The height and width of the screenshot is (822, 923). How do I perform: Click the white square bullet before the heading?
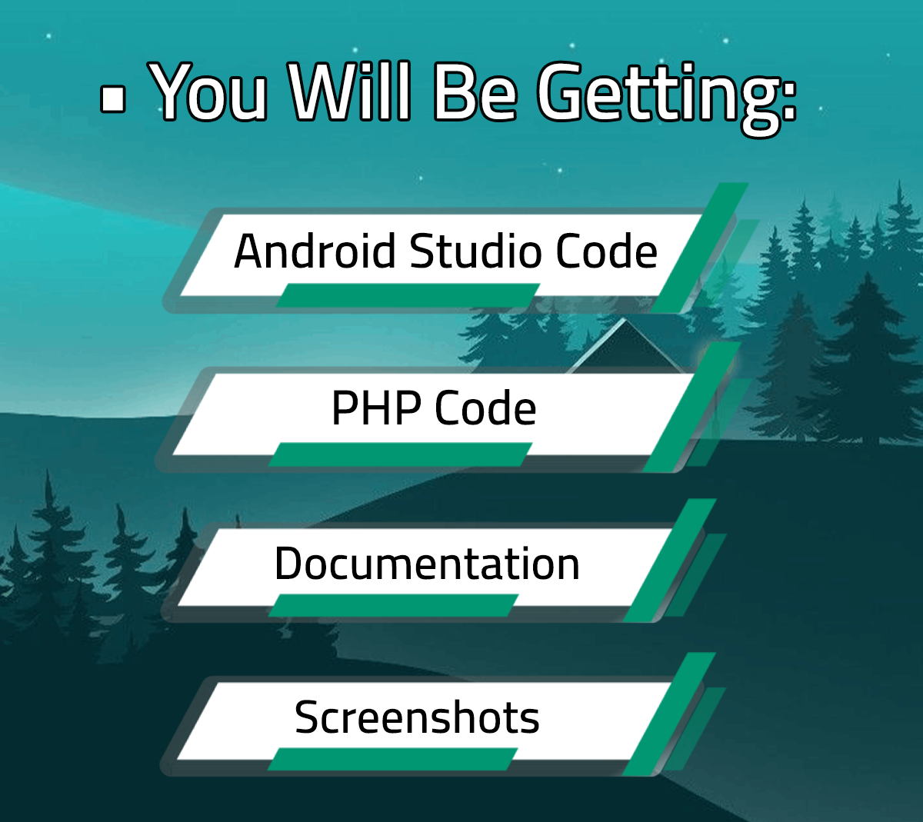tap(112, 98)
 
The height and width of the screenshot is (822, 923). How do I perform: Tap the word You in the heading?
tap(207, 92)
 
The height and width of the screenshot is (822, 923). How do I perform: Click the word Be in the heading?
tap(475, 92)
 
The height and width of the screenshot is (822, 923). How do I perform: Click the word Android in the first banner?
tap(315, 251)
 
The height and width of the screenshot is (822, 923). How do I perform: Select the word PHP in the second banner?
tap(376, 408)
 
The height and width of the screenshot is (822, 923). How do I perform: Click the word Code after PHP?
tap(485, 408)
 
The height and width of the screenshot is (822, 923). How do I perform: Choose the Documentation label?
tap(427, 564)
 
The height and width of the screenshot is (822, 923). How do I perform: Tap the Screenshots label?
tap(417, 717)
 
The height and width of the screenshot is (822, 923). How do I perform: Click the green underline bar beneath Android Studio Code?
tap(408, 295)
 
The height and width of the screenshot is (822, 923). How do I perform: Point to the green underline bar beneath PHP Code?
tap(400, 454)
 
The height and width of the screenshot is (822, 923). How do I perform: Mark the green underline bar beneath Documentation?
tap(394, 605)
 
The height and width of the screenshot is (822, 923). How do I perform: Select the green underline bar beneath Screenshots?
tap(393, 759)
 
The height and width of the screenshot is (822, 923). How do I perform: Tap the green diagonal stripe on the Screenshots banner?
tap(668, 714)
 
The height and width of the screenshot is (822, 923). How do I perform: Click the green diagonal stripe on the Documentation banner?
tap(670, 560)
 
